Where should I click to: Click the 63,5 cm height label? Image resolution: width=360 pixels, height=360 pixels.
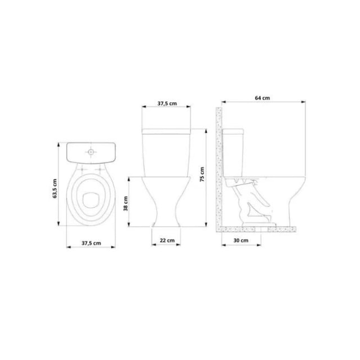point(55,189)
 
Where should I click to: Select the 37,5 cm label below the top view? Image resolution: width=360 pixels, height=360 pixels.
point(91,243)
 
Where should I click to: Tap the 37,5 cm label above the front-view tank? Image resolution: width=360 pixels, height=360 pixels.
point(166,103)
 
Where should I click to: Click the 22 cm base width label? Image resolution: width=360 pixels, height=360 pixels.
point(166,240)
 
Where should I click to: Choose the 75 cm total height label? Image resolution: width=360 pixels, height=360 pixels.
point(203,175)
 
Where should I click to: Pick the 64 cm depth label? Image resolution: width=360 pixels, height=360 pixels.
point(262,98)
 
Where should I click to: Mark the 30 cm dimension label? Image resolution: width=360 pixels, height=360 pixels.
point(240,240)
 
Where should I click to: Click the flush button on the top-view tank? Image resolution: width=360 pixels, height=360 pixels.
point(91,152)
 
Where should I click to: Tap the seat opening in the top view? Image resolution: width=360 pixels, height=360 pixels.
point(91,198)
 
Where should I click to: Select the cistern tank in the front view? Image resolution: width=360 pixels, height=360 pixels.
point(166,155)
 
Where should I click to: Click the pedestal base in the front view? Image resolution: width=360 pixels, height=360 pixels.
point(166,217)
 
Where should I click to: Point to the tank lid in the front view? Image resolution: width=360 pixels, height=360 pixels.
point(166,131)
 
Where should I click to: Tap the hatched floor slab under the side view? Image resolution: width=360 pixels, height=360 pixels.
point(259,229)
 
